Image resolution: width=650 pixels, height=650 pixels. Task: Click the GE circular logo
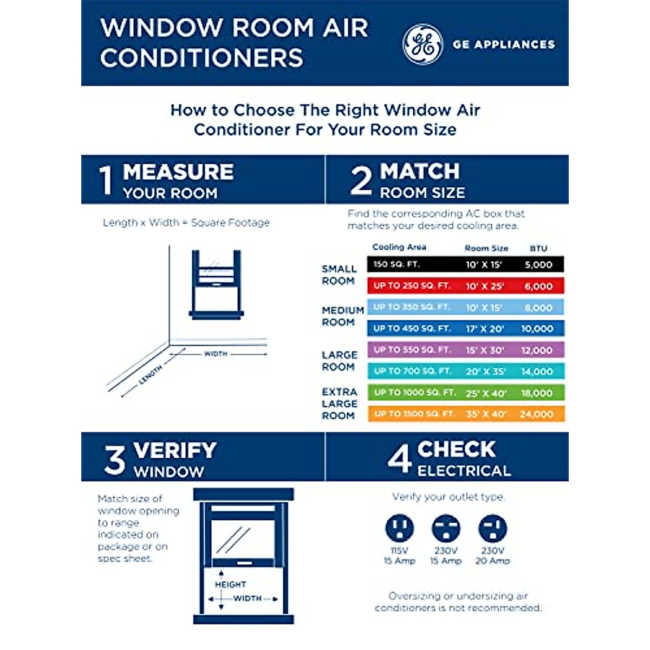422,44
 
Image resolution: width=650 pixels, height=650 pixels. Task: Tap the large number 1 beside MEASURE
106,181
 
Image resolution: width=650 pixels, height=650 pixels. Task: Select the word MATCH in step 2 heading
420,172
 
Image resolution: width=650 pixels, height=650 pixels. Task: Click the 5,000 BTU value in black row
538,265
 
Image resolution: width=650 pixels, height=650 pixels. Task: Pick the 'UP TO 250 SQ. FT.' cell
412,286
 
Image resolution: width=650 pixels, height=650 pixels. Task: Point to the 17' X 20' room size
485,329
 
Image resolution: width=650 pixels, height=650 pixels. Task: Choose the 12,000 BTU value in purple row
537,350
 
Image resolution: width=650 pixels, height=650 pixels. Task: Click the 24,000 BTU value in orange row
537,414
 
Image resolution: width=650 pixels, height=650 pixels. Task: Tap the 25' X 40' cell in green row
485,393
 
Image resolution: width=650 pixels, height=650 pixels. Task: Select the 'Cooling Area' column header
399,247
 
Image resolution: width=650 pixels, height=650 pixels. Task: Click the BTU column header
538,248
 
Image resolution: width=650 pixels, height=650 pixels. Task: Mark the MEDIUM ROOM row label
342,316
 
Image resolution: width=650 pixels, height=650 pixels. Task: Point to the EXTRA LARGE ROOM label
340,404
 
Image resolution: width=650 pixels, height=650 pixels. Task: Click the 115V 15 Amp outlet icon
399,528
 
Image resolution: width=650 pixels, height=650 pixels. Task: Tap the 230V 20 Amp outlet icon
492,528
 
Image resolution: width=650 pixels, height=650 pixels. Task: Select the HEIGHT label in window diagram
230,584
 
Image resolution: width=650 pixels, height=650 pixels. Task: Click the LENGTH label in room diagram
150,375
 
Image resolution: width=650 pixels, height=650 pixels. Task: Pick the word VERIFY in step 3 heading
175,451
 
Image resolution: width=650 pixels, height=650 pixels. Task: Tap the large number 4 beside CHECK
400,459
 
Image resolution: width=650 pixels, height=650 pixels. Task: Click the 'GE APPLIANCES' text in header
504,44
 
